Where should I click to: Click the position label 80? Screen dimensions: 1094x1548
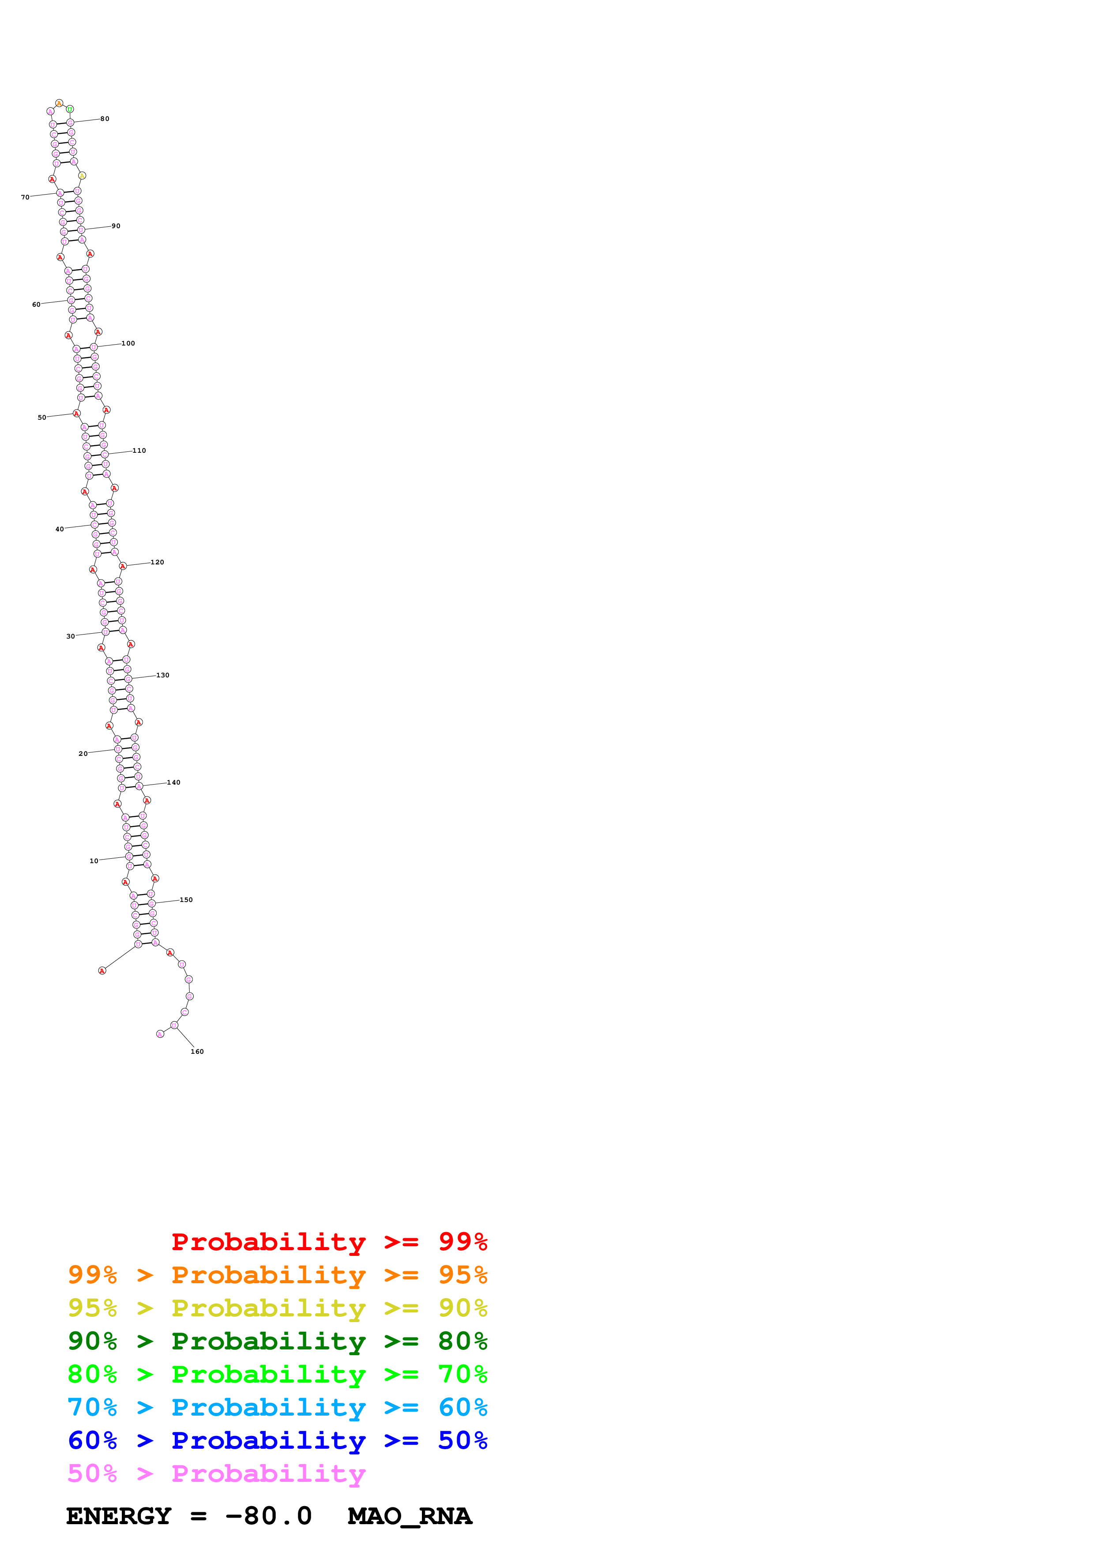pos(105,119)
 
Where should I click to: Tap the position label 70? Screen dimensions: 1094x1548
pos(25,198)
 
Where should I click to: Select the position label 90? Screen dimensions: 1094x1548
pos(116,226)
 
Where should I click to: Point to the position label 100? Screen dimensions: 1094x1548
pos(128,343)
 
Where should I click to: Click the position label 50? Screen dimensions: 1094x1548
pos(42,417)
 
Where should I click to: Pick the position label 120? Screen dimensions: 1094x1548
pos(157,562)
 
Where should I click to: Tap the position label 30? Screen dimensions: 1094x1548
pos(71,636)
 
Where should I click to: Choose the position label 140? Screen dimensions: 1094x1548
pos(174,783)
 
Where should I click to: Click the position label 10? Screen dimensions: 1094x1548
pos(94,861)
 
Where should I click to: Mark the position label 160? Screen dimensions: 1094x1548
pos(197,1052)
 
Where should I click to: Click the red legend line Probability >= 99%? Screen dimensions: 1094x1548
pos(329,1242)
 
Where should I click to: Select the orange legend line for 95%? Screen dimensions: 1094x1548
pos(277,1275)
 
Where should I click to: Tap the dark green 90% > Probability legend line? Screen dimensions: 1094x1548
pos(277,1341)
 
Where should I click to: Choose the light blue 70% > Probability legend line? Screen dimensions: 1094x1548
pos(277,1407)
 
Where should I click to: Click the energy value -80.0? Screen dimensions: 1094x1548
pos(268,1516)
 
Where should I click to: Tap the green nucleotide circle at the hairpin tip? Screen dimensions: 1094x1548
pos(70,109)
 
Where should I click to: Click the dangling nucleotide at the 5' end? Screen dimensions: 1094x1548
pos(102,971)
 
